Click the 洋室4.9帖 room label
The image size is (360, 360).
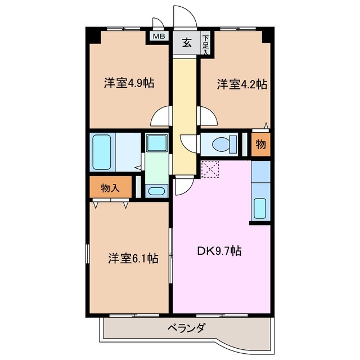[x=129, y=83]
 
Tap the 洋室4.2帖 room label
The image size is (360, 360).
[x=242, y=84]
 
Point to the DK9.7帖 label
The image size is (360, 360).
[x=219, y=251]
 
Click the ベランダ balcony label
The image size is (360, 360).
[x=186, y=328]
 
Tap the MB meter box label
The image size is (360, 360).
[x=159, y=37]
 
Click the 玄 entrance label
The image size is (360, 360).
[x=186, y=42]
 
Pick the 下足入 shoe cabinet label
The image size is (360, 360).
[x=206, y=44]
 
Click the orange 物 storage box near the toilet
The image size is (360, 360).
[x=260, y=144]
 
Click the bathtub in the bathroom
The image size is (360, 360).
[x=103, y=151]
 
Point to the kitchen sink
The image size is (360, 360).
[x=260, y=208]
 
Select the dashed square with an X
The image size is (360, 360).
[x=210, y=169]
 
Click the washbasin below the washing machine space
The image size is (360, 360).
[x=156, y=191]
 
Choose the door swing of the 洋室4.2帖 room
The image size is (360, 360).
[x=208, y=116]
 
